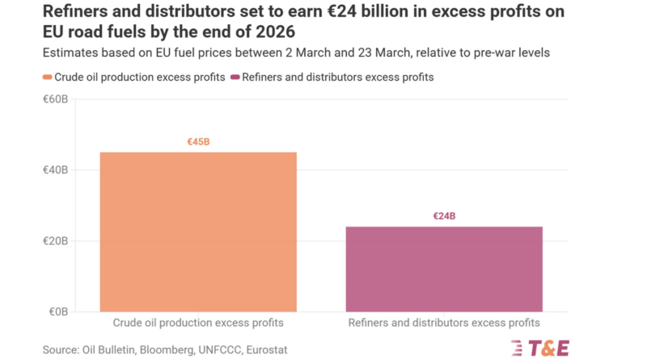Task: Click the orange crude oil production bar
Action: [x=198, y=231]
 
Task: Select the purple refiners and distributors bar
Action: [x=444, y=269]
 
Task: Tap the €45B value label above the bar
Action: [x=198, y=142]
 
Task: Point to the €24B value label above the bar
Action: [x=444, y=217]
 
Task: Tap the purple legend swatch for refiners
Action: [x=235, y=78]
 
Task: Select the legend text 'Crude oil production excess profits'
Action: [x=139, y=78]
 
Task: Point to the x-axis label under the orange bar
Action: [x=198, y=323]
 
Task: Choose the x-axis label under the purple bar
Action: [x=444, y=323]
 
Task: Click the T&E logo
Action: [x=540, y=348]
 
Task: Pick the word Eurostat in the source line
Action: [x=264, y=349]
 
